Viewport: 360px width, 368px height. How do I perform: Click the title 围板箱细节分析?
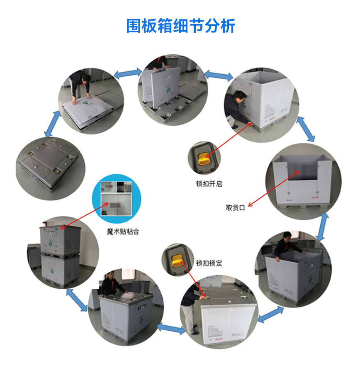point(180,26)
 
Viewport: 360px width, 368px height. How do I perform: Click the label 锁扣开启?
point(209,183)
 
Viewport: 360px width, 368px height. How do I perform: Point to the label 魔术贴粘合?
point(123,232)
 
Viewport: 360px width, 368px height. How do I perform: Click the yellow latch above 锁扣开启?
point(203,159)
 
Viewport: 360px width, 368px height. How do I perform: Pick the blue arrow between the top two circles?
point(128,73)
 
